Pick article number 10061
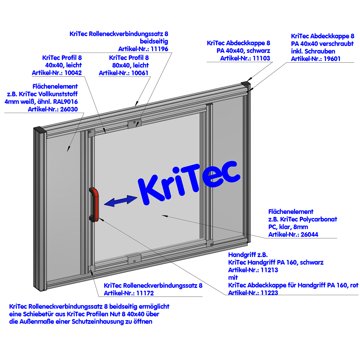[x=138, y=72]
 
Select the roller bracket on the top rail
[x=134, y=123]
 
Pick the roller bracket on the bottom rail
[x=133, y=258]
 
